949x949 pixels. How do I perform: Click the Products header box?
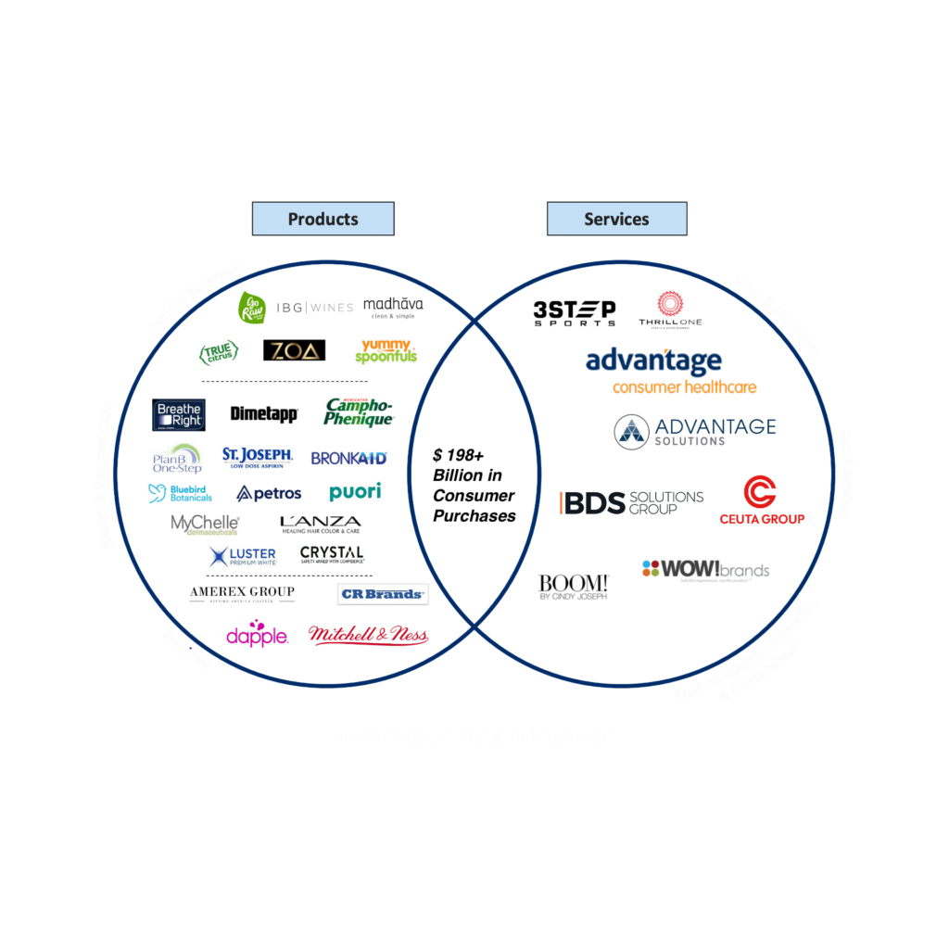click(323, 219)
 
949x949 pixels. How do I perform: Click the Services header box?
click(616, 219)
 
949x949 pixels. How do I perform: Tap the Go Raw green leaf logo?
click(252, 307)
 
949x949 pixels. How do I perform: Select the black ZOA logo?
click(294, 350)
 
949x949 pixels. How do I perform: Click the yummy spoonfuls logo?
click(387, 350)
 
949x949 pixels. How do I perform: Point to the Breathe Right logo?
click(179, 414)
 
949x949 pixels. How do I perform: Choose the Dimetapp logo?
click(264, 414)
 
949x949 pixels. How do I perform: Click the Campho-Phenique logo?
click(359, 413)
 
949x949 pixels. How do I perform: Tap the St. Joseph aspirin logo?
click(257, 457)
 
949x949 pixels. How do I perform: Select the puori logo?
click(355, 492)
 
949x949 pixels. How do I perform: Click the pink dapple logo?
click(257, 636)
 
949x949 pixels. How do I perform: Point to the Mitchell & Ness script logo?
click(368, 635)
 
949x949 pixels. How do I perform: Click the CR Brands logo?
click(382, 594)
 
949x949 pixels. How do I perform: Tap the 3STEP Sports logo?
click(575, 313)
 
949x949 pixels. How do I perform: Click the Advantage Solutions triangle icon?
click(631, 432)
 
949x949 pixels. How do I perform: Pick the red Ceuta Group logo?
click(762, 500)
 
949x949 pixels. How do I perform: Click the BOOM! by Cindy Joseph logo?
click(574, 587)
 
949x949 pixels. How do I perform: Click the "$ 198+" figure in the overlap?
click(459, 455)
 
